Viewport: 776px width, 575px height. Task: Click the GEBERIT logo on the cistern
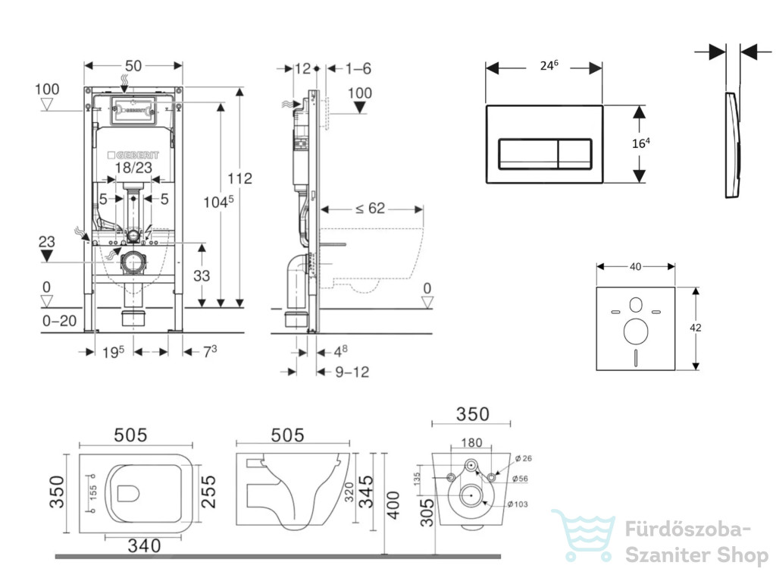(133, 155)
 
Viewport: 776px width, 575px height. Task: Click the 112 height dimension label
(239, 178)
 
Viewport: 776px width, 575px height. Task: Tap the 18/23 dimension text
(133, 168)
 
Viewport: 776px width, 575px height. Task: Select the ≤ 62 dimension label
(370, 208)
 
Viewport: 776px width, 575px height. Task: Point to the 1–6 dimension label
(358, 68)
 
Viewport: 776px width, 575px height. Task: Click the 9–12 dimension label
(352, 372)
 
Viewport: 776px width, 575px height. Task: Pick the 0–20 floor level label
(59, 321)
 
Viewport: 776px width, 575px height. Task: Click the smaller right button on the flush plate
(574, 154)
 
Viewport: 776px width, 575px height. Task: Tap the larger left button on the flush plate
(528, 154)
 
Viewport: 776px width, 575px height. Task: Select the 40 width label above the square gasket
(636, 267)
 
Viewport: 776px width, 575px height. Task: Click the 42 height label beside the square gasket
(696, 328)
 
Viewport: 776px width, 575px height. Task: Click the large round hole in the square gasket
(636, 331)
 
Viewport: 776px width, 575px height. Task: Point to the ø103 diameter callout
(517, 504)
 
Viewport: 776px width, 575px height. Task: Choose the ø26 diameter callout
(523, 459)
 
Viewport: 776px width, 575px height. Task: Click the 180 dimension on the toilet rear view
(471, 443)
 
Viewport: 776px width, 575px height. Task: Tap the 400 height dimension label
(393, 505)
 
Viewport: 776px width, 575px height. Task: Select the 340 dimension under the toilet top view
(144, 545)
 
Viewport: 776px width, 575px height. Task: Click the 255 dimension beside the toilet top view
(209, 492)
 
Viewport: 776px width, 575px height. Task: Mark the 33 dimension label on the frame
(202, 275)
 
